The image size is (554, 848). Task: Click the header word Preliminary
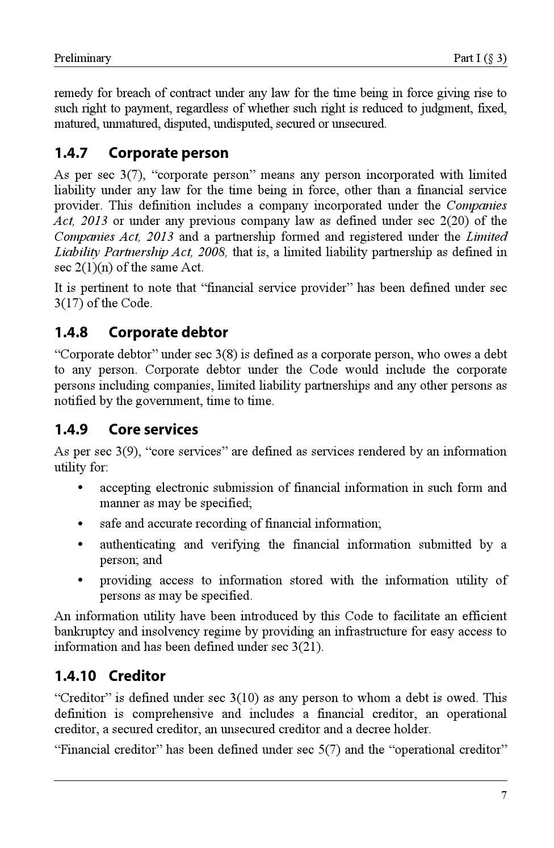[x=82, y=58]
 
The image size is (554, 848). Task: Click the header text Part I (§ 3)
[x=480, y=58]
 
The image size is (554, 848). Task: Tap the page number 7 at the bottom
[x=503, y=795]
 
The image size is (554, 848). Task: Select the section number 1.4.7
[x=71, y=153]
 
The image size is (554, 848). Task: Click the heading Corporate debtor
[x=168, y=333]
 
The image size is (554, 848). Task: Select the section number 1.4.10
[x=75, y=676]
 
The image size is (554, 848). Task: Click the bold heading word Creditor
[x=137, y=676]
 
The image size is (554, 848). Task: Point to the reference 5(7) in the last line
[x=329, y=750]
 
